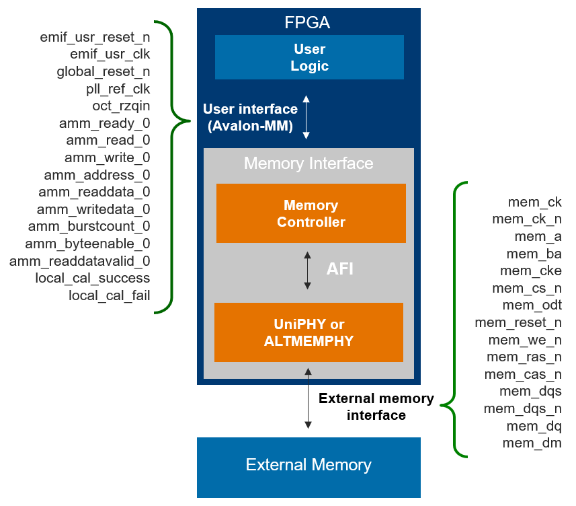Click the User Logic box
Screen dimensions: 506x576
coord(309,57)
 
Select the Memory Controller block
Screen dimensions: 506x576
coord(311,213)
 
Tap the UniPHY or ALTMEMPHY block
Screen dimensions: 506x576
coord(308,332)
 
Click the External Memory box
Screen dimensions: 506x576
coord(308,465)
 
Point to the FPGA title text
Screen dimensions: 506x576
coord(308,24)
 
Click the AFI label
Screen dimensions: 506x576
coord(339,269)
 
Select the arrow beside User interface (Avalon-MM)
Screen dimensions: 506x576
coord(306,117)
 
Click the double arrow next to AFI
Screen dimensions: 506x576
coord(308,270)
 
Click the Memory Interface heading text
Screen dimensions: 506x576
coord(308,164)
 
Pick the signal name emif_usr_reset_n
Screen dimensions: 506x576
coord(95,36)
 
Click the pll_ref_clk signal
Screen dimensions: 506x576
coord(118,89)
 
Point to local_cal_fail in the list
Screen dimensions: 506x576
coord(109,295)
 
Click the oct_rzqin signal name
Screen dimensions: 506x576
coord(121,106)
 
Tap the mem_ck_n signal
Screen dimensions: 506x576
coord(526,219)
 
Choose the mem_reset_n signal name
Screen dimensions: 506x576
coord(518,322)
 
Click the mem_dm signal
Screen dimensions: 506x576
coord(532,443)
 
